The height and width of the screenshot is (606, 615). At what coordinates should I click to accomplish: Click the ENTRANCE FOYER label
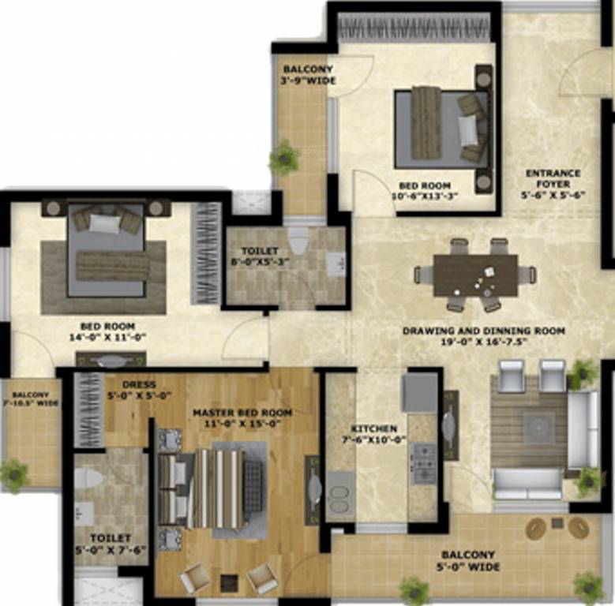pos(553,173)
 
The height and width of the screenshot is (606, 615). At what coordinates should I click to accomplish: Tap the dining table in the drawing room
pos(475,275)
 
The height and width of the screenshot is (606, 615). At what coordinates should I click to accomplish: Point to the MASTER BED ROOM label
pos(242,413)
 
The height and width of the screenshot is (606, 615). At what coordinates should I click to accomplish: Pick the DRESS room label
pos(139,385)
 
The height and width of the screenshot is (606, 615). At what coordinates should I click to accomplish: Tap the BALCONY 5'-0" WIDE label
pos(468,555)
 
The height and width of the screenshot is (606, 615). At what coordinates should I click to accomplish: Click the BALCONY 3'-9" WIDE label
pos(308,69)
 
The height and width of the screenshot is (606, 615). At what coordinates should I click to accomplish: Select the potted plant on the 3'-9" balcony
pos(284,158)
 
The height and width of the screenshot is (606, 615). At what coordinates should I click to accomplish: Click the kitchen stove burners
pos(423,463)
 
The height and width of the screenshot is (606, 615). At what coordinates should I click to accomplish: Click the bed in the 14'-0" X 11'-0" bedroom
pos(107,250)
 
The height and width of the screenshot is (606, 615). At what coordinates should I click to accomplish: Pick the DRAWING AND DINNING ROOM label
pos(483,331)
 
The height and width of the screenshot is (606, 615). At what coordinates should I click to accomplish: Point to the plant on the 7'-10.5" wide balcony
pos(14,475)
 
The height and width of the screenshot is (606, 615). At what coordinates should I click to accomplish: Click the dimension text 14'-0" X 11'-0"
pos(107,337)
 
